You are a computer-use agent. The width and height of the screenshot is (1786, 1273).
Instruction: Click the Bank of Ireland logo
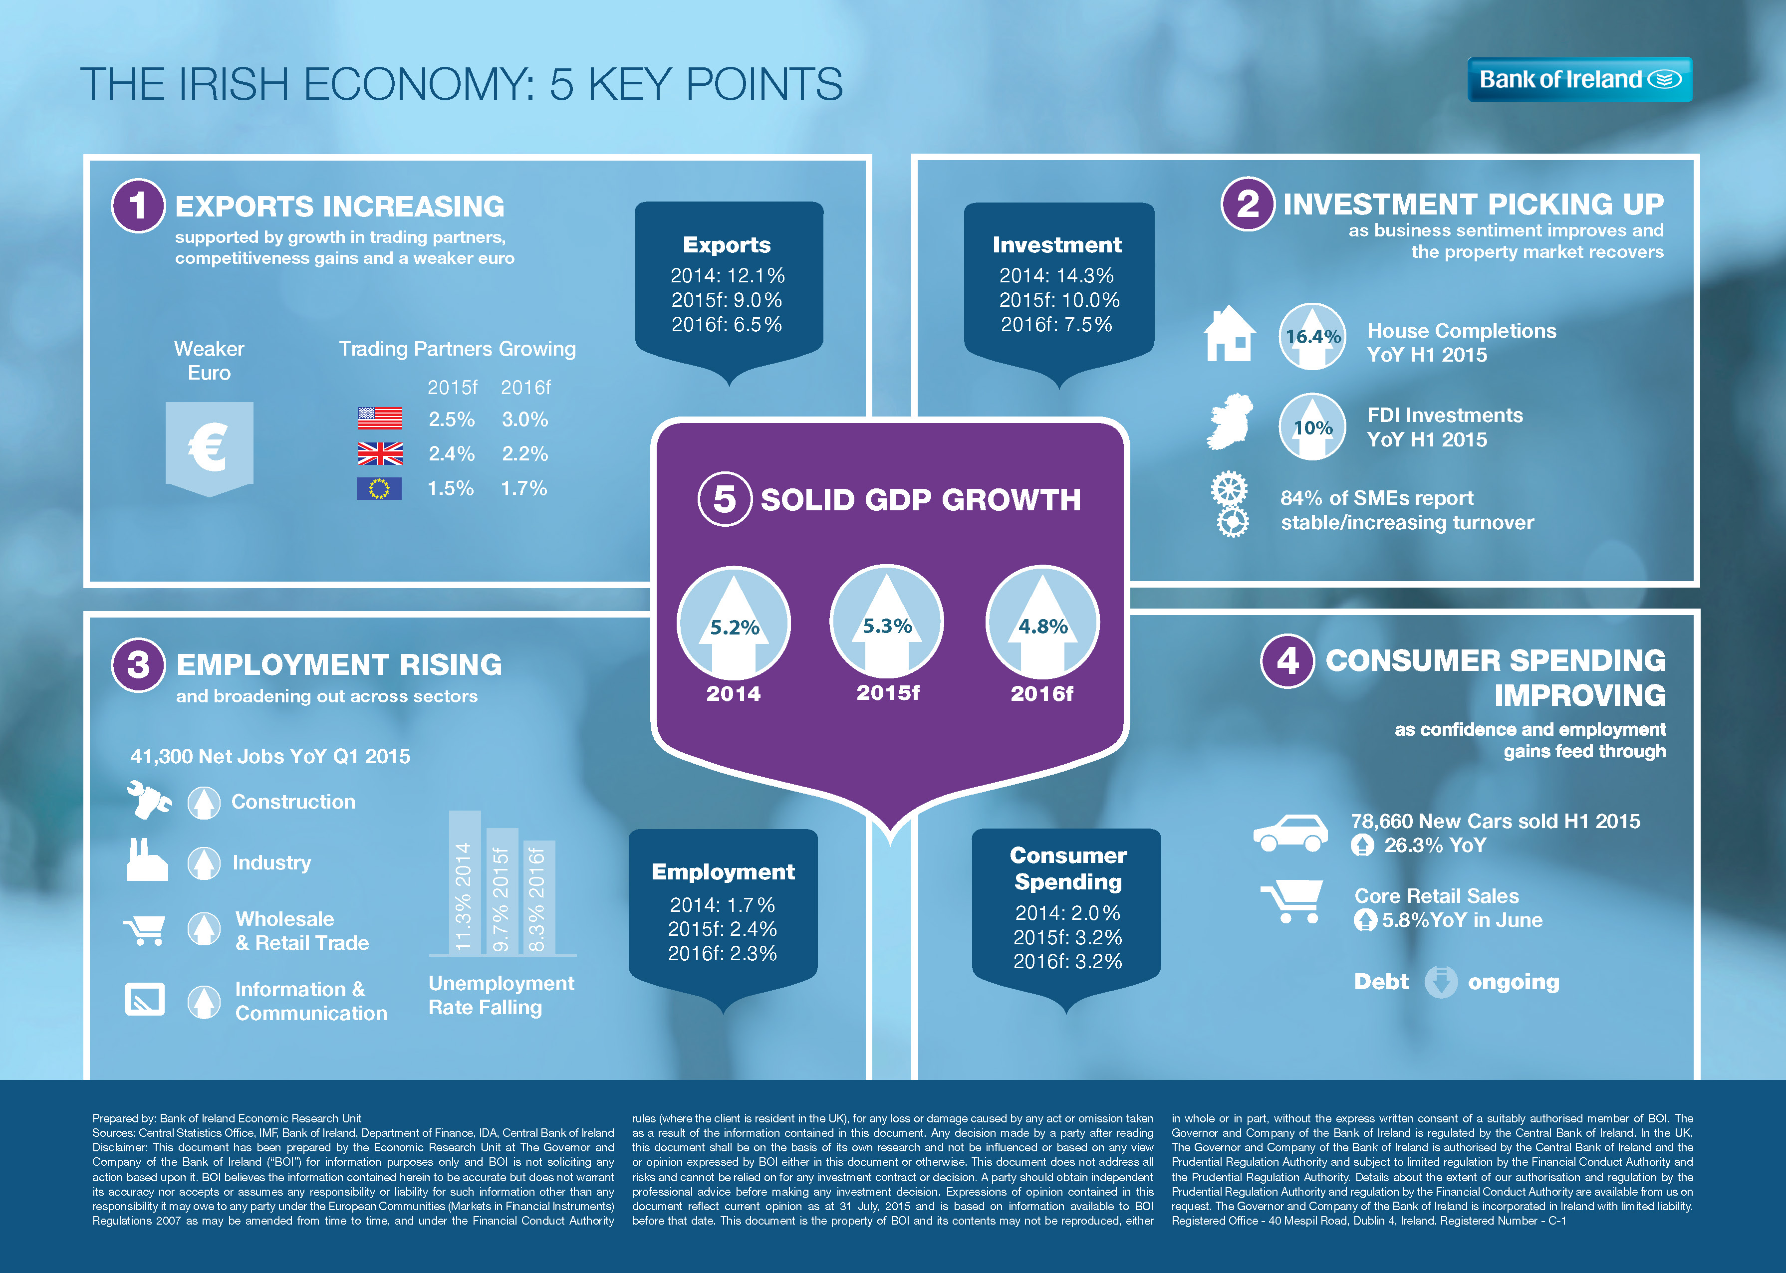tap(1579, 79)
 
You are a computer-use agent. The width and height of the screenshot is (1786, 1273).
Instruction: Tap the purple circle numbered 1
tap(138, 206)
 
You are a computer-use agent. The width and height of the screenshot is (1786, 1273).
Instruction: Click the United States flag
tap(380, 419)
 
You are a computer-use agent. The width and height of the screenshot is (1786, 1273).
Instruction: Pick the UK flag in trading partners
tap(380, 453)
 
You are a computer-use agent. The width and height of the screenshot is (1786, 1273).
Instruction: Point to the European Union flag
tap(379, 488)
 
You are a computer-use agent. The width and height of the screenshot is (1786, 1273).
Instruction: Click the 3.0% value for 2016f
tap(524, 420)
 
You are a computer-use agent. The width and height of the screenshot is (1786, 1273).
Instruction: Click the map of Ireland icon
tap(1230, 422)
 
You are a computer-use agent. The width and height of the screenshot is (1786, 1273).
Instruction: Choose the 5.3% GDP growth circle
tap(887, 623)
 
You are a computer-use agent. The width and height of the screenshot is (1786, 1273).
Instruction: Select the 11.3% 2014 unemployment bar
tap(464, 882)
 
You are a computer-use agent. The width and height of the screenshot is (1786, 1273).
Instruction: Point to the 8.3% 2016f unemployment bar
tap(538, 897)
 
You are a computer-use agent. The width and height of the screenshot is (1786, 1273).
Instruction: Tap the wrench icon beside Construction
tap(148, 800)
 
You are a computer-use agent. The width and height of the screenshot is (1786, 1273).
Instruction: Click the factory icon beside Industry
tap(147, 860)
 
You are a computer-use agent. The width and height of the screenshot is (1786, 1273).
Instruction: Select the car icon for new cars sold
tap(1289, 833)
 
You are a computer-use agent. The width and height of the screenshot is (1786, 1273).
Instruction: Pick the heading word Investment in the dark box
tap(1057, 244)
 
